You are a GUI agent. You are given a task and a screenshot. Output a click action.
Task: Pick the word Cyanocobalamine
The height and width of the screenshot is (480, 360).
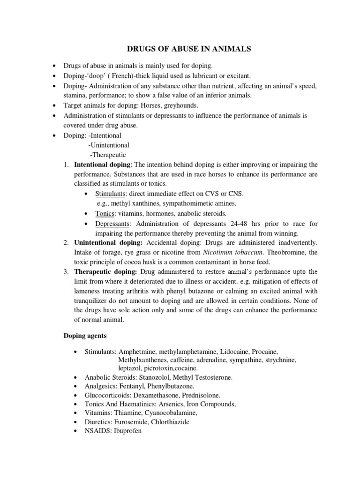pyautogui.click(x=171, y=412)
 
